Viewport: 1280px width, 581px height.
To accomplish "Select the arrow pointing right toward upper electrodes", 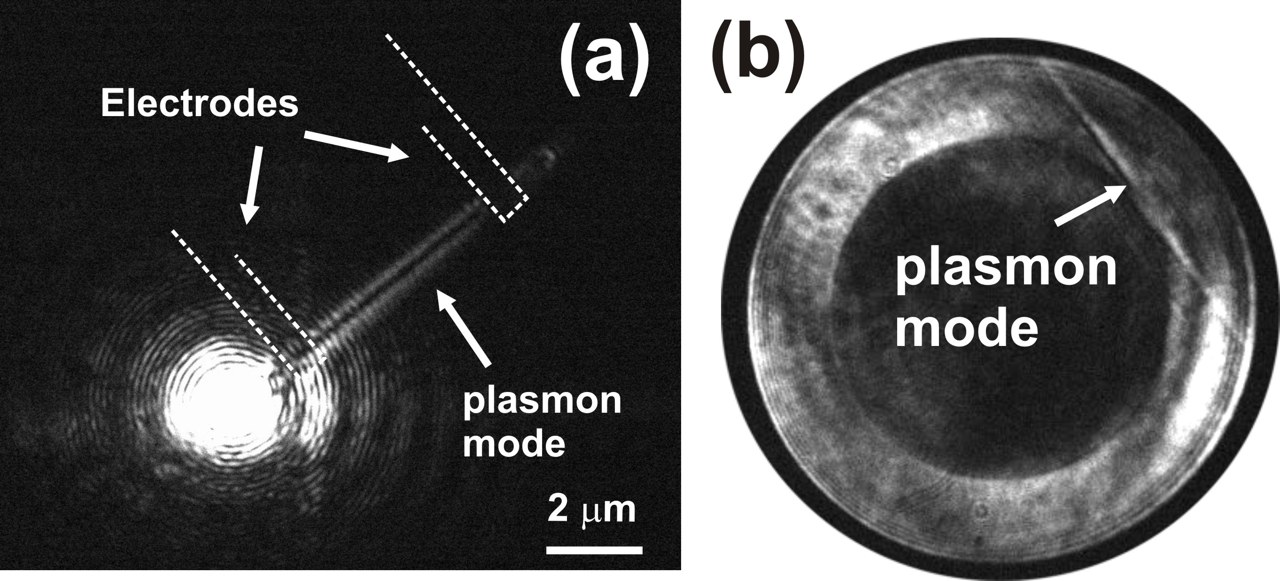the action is (357, 146).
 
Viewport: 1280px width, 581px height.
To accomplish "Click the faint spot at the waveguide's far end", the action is (547, 156).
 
